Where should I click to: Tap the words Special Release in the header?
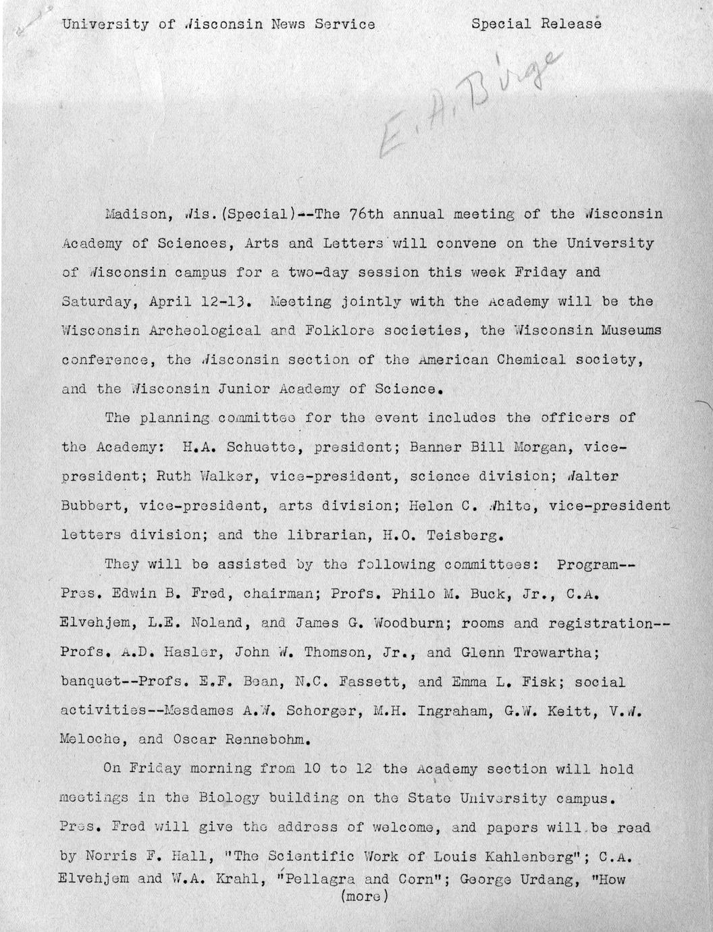(536, 24)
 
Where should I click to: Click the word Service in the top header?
(342, 24)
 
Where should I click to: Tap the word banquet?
(92, 682)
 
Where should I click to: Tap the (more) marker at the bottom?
(365, 898)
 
